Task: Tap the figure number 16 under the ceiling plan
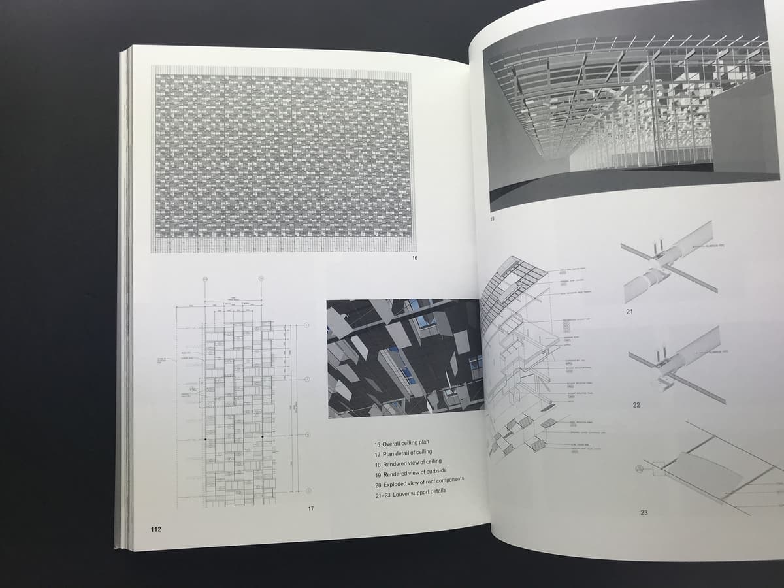click(x=414, y=259)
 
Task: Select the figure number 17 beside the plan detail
click(x=311, y=508)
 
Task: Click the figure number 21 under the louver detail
click(x=629, y=312)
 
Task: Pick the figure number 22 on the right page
click(x=636, y=405)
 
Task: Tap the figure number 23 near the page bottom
click(x=644, y=512)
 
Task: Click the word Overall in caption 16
click(x=395, y=444)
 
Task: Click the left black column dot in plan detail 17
click(x=205, y=439)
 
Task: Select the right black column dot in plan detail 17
click(x=262, y=435)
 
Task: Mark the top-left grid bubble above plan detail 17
click(x=204, y=278)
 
